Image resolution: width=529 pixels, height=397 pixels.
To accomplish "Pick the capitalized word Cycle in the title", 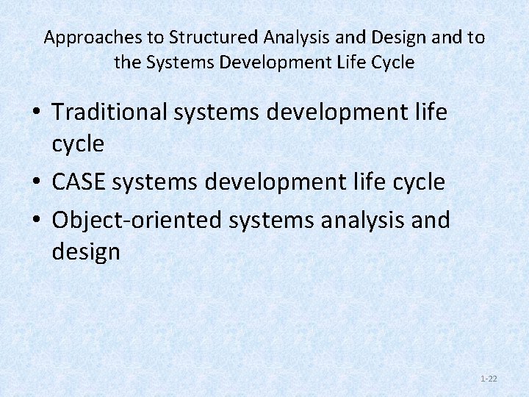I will click(x=394, y=62).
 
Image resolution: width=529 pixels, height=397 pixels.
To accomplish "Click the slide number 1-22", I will click(x=489, y=379).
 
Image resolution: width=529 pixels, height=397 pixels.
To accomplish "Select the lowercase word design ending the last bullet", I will click(x=86, y=252).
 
